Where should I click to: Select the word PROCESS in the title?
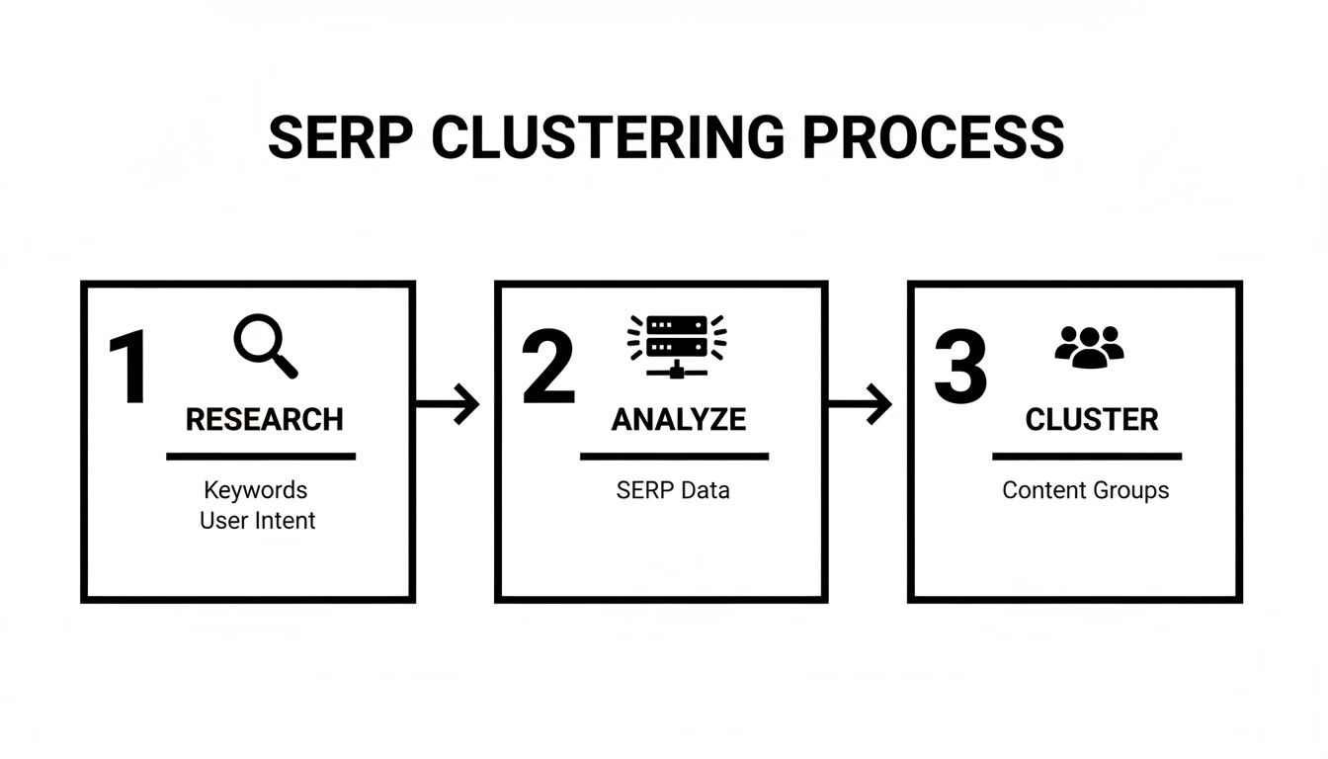pos(933,137)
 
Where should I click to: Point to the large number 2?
pos(548,369)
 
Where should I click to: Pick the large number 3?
pos(960,369)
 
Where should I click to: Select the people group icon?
pos(1089,347)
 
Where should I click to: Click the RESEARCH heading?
pos(264,419)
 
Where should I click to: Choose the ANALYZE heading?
pos(678,419)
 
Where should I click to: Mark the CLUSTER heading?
pos(1091,419)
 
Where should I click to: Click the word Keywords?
pos(255,489)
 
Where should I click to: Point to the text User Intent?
pos(257,520)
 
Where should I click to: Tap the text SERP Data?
pos(672,490)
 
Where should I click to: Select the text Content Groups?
pos(1085,490)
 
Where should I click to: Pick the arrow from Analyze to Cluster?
pos(860,403)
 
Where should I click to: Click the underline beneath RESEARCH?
pos(260,457)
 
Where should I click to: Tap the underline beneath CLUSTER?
pos(1086,457)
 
